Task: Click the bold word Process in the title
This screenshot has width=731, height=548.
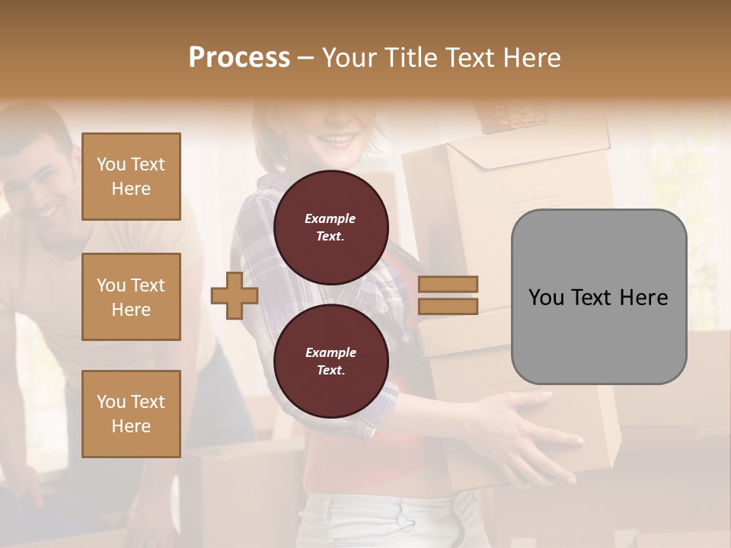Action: coord(239,57)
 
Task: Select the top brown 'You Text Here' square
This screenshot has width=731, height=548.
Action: coord(131,177)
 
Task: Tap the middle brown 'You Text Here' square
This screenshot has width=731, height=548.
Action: coord(131,297)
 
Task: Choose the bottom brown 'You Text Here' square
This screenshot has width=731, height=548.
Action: coord(131,413)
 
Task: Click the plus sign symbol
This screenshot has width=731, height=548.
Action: coord(234,295)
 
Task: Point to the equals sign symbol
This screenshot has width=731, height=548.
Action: coord(448,295)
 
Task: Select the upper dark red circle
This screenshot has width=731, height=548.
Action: coord(330,228)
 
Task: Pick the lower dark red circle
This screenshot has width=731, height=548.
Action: coord(330,362)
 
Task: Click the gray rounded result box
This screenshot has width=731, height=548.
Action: coord(599,297)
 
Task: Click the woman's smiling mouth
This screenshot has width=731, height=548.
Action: coord(337,140)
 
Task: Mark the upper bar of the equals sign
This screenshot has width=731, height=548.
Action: coord(448,284)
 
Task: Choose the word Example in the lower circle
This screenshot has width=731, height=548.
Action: coord(330,352)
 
